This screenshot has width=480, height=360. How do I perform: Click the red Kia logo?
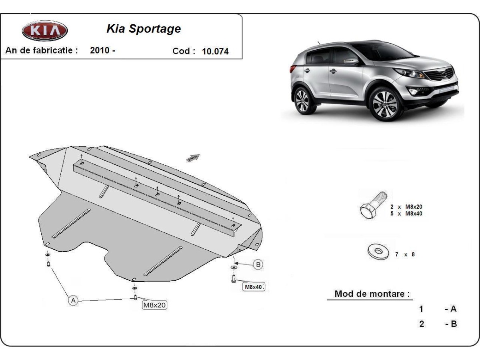click(45, 31)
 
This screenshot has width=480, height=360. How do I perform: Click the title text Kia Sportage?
click(143, 29)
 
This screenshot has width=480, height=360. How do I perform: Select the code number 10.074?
click(216, 51)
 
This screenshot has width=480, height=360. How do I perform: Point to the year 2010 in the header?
click(100, 50)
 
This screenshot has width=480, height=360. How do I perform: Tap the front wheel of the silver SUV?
click(384, 104)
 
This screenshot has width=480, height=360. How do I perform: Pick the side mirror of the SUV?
click(351, 62)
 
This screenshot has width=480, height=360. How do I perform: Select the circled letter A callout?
click(73, 300)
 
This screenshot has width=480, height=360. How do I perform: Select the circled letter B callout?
click(258, 264)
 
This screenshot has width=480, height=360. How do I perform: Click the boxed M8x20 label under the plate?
click(154, 305)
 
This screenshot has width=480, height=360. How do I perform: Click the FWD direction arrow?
click(193, 158)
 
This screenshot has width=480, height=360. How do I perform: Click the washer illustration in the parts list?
click(378, 252)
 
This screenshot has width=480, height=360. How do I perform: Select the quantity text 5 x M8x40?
click(406, 214)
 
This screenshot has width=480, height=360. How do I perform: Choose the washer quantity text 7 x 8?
click(405, 254)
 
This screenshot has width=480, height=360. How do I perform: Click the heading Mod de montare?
click(372, 294)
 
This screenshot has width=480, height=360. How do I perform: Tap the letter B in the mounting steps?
click(453, 324)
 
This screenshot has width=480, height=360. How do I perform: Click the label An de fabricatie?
click(41, 50)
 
